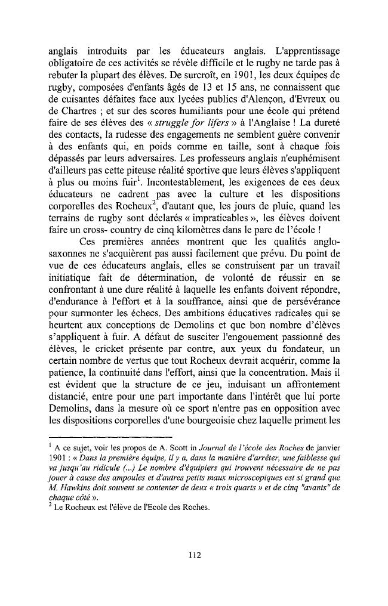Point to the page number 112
tap(193, 556)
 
